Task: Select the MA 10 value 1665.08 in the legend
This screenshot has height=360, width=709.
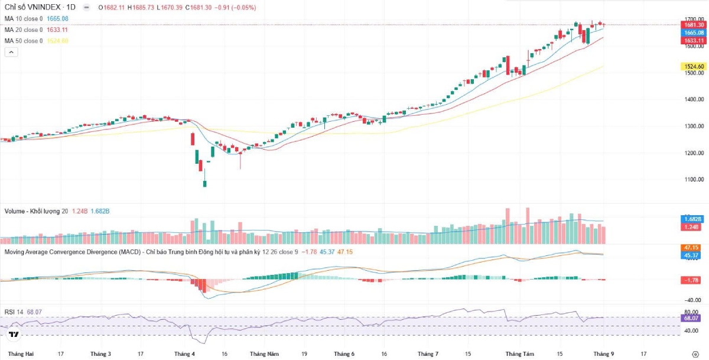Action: [x=57, y=19]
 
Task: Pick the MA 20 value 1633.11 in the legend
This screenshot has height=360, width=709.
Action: [x=57, y=30]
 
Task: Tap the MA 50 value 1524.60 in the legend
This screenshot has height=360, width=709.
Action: [x=57, y=41]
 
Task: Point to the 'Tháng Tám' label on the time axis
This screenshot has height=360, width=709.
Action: [x=519, y=354]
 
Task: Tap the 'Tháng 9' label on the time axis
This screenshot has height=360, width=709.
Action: [x=604, y=354]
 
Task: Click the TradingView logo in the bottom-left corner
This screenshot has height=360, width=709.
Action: [x=14, y=335]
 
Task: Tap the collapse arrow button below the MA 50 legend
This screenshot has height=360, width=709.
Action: [x=11, y=52]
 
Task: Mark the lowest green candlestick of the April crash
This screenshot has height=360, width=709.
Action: [x=205, y=183]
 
